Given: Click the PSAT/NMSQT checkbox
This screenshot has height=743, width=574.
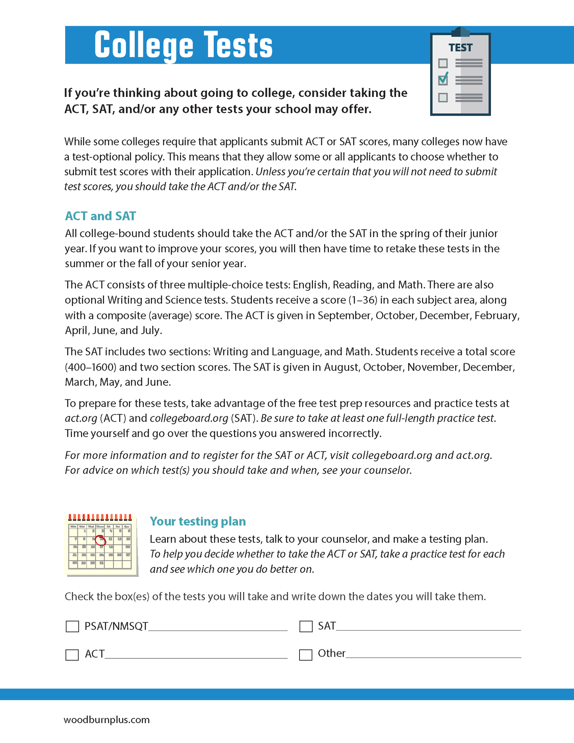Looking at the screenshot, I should pyautogui.click(x=72, y=627).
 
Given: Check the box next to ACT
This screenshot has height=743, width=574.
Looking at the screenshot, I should pyautogui.click(x=72, y=655).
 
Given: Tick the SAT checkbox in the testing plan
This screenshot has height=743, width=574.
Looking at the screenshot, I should pyautogui.click(x=306, y=627).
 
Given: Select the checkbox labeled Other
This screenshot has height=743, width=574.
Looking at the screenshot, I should pyautogui.click(x=305, y=655).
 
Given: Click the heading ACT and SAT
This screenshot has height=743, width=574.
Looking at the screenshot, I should pyautogui.click(x=100, y=216).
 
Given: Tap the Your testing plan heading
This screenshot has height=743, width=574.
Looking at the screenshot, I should pyautogui.click(x=197, y=521).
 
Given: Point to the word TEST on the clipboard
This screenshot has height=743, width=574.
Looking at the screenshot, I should pyautogui.click(x=460, y=48).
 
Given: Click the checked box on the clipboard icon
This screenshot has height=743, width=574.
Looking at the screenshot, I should pyautogui.click(x=443, y=80).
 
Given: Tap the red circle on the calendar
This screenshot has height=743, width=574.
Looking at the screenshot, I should pyautogui.click(x=101, y=540).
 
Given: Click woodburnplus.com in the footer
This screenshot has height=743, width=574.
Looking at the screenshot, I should pyautogui.click(x=106, y=720).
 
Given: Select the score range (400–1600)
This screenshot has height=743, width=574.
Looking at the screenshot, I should pyautogui.click(x=91, y=367).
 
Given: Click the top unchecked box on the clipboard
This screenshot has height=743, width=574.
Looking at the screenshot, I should pyautogui.click(x=443, y=63).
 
